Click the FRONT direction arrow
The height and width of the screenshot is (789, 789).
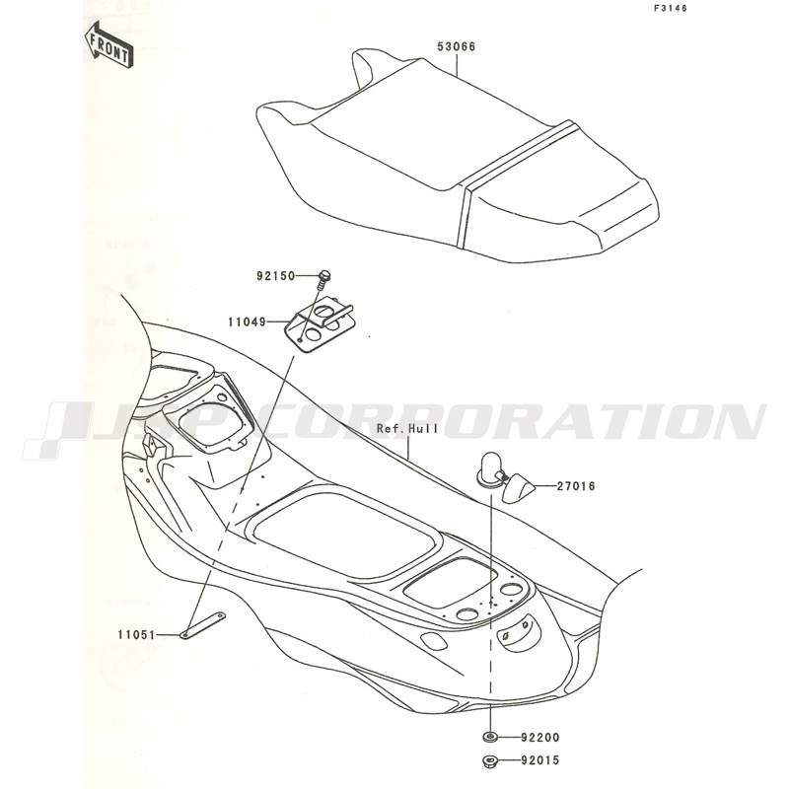coord(108,45)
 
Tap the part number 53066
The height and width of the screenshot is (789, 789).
coord(457,46)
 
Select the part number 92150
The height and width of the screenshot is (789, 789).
coord(276,276)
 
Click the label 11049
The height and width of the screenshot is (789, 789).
coord(247,322)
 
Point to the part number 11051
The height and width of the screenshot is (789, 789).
coord(137,635)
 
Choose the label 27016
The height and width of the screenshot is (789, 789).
coord(576,486)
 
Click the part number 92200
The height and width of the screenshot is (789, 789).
coord(540,738)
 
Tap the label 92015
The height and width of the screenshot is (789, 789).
coord(540,759)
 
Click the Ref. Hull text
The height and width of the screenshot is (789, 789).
coord(408,429)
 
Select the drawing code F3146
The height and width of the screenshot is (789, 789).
coord(671,8)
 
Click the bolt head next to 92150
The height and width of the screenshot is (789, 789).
coord(324,275)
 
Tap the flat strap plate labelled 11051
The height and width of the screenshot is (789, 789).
coord(203,625)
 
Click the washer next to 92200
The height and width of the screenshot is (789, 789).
coord(490,738)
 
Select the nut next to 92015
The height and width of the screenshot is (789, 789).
coord(489,760)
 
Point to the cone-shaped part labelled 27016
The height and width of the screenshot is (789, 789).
coord(518,487)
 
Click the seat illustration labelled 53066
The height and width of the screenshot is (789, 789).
coord(458,155)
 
